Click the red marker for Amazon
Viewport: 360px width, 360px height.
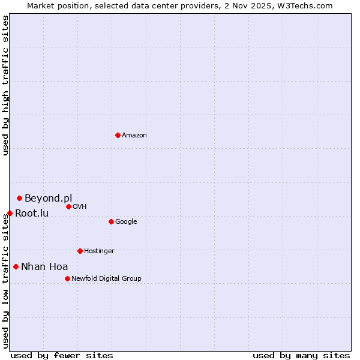(x=118, y=135)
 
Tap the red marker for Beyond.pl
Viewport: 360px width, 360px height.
(x=19, y=198)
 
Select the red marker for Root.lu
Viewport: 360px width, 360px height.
(x=10, y=213)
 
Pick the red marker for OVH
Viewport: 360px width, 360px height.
(x=68, y=206)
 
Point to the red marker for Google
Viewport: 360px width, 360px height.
(x=111, y=221)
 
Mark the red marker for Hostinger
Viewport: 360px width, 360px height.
(x=80, y=251)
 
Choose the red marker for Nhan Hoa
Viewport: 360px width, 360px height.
(x=16, y=266)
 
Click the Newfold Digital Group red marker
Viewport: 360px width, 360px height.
(x=67, y=278)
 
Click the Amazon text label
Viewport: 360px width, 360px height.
(x=134, y=136)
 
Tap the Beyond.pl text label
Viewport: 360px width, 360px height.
(x=48, y=198)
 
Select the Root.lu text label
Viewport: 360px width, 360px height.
(x=32, y=213)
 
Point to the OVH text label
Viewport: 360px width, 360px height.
(x=80, y=207)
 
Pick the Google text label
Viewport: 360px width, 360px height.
(x=126, y=222)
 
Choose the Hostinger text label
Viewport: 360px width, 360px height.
(x=99, y=251)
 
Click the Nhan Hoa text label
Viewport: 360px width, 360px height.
(x=44, y=266)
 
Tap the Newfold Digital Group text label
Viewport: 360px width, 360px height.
(x=106, y=279)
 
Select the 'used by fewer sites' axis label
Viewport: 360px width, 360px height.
(x=62, y=355)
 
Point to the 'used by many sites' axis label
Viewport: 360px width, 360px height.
(x=301, y=355)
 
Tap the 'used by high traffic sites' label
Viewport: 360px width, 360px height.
(x=5, y=85)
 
